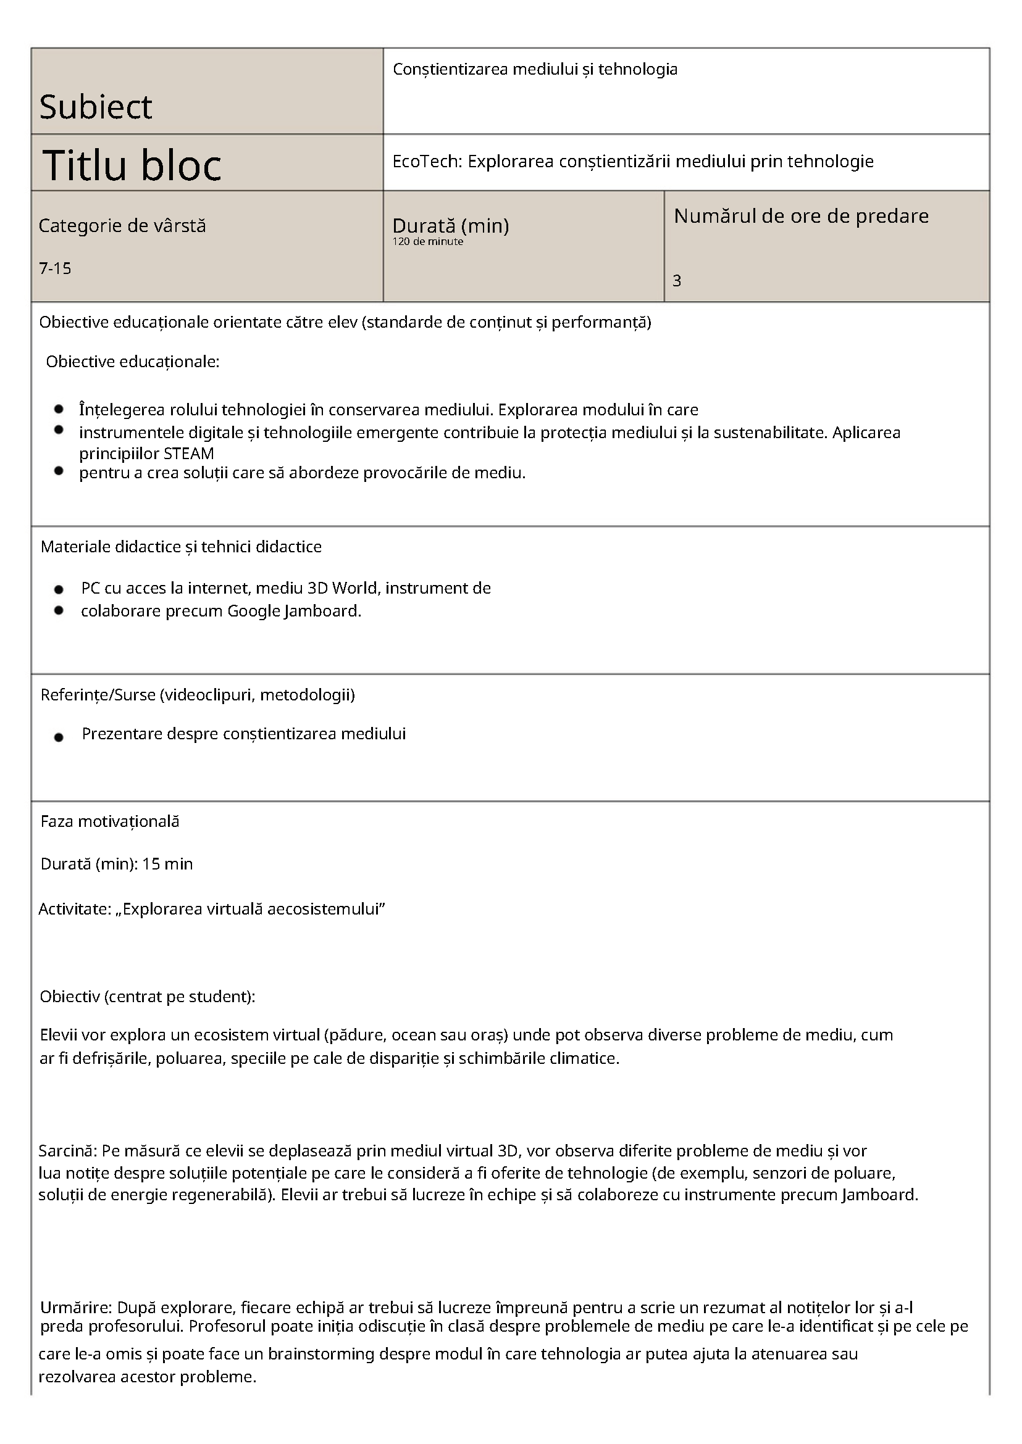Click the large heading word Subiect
[96, 107]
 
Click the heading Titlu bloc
[132, 165]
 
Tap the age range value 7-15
[55, 268]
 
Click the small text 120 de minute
[427, 241]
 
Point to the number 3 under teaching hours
[677, 281]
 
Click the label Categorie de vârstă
[122, 226]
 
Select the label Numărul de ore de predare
[800, 216]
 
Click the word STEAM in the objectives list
[189, 454]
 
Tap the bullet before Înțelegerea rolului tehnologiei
[59, 409]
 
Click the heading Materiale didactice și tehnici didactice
[180, 547]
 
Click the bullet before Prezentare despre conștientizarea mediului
[59, 737]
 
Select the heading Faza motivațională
[109, 821]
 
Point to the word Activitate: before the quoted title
[74, 909]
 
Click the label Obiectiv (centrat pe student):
[147, 996]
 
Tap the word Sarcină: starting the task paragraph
[67, 1151]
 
